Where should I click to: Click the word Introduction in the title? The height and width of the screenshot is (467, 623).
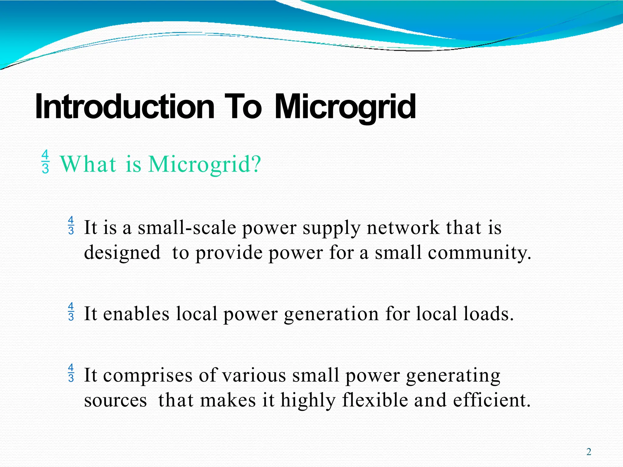[125, 107]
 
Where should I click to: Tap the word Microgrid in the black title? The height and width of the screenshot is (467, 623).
[345, 107]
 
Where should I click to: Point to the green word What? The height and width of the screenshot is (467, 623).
[88, 164]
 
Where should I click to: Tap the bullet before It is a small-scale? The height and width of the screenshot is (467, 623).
[71, 226]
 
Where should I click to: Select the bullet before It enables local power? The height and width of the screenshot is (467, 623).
[71, 312]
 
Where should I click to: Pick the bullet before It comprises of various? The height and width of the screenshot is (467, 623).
[71, 373]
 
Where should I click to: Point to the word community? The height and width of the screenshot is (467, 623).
[478, 253]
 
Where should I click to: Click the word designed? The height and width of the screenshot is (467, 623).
[122, 253]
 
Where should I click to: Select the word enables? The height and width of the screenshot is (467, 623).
[136, 314]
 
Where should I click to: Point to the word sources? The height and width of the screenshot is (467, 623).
[115, 400]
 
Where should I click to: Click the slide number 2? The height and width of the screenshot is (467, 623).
[589, 452]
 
